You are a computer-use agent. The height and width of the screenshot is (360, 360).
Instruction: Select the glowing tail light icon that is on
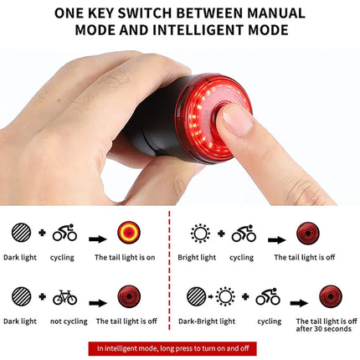(x=130, y=232)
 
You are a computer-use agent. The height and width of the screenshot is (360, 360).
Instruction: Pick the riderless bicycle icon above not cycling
(x=64, y=296)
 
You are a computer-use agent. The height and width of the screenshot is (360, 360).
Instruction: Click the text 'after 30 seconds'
(x=323, y=329)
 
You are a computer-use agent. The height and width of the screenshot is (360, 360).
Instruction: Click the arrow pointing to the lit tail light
(x=97, y=239)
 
